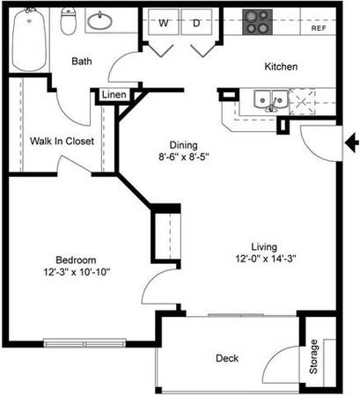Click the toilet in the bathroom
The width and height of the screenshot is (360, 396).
(x=69, y=20)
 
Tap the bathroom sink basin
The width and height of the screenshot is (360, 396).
(x=99, y=21)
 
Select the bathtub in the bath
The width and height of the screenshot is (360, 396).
(x=29, y=39)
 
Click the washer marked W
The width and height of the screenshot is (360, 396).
(x=164, y=22)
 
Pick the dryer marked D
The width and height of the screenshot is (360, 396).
(x=196, y=22)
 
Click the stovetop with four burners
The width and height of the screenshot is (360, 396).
(x=257, y=22)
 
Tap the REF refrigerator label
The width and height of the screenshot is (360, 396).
(x=319, y=28)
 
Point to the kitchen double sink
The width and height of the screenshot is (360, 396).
(x=270, y=100)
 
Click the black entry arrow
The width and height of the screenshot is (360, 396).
(x=352, y=143)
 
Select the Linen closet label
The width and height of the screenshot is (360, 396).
(x=114, y=95)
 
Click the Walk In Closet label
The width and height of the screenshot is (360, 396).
(x=62, y=141)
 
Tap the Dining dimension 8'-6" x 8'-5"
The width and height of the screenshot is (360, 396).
(x=184, y=157)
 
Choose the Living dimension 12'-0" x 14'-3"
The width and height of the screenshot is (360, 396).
(x=266, y=259)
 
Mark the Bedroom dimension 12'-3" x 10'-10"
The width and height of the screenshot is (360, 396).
(x=77, y=272)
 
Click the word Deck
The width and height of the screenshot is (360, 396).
(x=227, y=358)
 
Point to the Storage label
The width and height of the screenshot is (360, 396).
(x=313, y=356)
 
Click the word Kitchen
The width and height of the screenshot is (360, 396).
(x=281, y=67)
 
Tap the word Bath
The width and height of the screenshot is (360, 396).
(x=82, y=62)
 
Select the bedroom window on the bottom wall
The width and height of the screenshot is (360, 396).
(x=84, y=343)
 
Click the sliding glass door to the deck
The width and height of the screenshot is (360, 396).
(x=241, y=315)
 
